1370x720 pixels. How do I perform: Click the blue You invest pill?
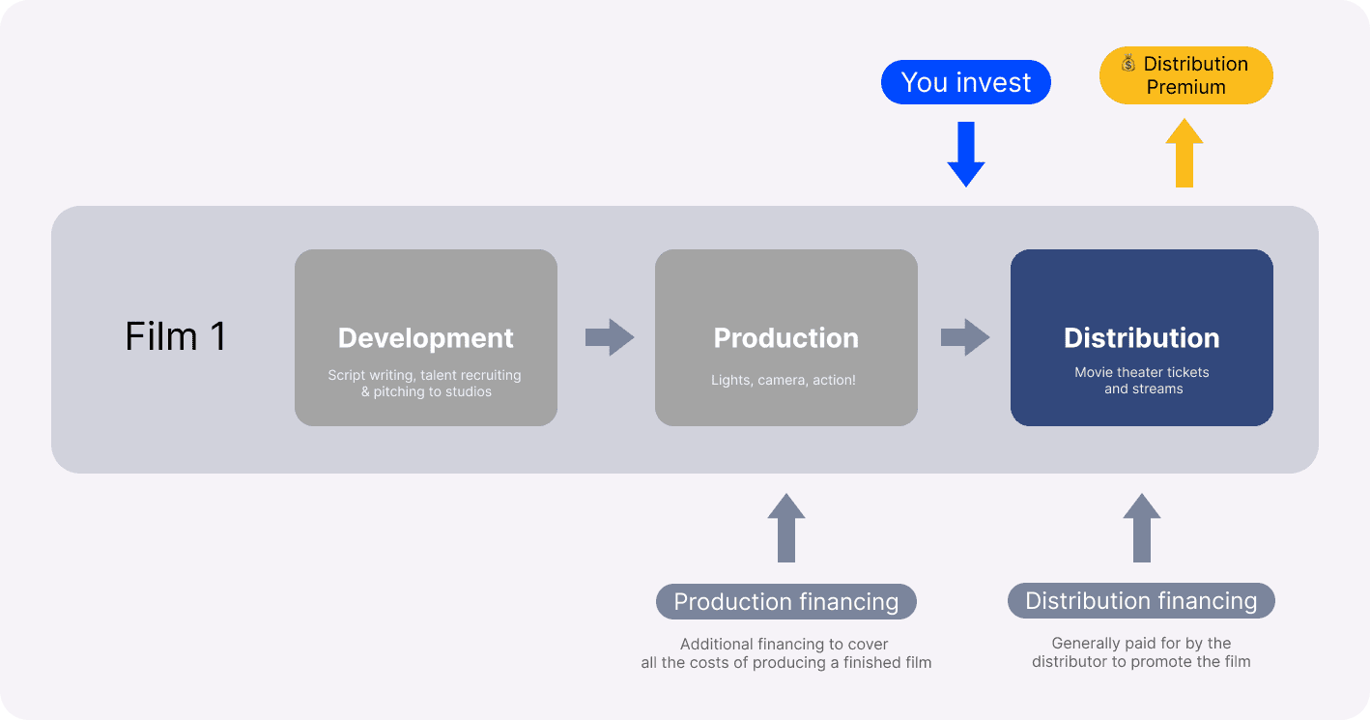tap(966, 82)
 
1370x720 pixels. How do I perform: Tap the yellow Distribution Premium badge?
tap(1185, 75)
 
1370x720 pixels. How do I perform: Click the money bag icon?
tap(1128, 63)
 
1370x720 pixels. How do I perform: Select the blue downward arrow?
tap(966, 155)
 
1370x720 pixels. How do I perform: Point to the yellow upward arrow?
tap(1184, 153)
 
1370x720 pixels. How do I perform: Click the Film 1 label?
tap(176, 336)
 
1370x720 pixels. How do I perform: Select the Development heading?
tap(426, 338)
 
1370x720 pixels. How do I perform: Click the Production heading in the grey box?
tap(785, 338)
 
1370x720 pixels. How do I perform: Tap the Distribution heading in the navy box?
tap(1141, 338)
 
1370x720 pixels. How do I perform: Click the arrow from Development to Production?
tap(610, 337)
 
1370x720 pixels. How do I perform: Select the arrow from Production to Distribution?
tap(965, 337)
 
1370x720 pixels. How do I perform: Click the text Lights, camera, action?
tap(784, 380)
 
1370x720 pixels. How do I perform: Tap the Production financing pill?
tap(785, 601)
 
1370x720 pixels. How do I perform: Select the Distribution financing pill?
tap(1141, 601)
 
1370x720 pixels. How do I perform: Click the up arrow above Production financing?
tap(785, 528)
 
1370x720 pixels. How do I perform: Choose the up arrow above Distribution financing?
tap(1141, 528)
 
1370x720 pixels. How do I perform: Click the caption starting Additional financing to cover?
tap(785, 653)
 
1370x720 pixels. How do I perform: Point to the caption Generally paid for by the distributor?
tap(1141, 652)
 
